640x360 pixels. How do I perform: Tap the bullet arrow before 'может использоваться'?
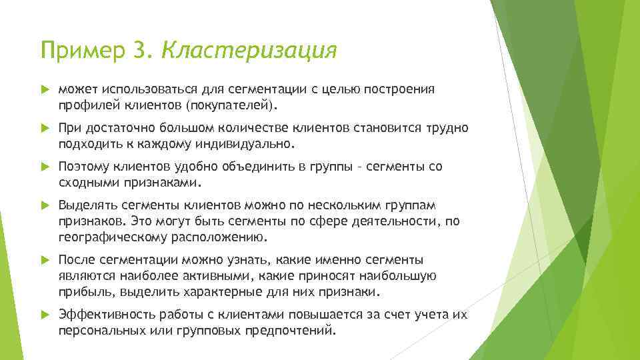[x=45, y=89]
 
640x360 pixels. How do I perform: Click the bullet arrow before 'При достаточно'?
[x=45, y=128]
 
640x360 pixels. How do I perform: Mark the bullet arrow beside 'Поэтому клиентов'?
[x=45, y=167]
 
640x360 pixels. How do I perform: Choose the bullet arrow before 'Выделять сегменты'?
[x=45, y=205]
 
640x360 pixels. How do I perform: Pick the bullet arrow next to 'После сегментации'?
[x=45, y=260]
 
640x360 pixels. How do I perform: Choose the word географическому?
[x=117, y=237]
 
